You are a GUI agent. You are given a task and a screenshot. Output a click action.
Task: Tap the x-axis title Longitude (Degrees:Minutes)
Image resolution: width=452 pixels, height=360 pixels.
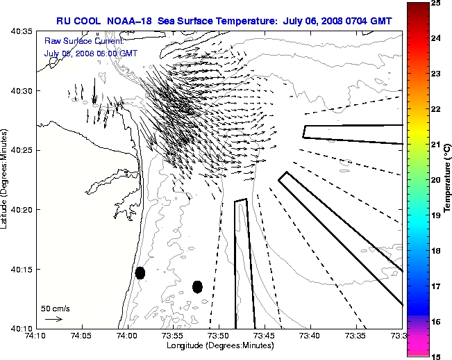(218, 345)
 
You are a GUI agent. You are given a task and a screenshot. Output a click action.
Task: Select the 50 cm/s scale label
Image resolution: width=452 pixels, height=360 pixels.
(55, 308)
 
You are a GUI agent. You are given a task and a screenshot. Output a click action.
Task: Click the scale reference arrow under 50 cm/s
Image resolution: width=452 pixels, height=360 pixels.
(53, 319)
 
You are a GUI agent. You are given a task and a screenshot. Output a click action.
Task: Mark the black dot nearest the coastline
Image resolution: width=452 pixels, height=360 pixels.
(140, 272)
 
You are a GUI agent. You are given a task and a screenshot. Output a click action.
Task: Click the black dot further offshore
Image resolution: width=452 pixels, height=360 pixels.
(197, 286)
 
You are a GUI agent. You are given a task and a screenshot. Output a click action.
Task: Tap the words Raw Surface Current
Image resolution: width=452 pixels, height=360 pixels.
(75, 42)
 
